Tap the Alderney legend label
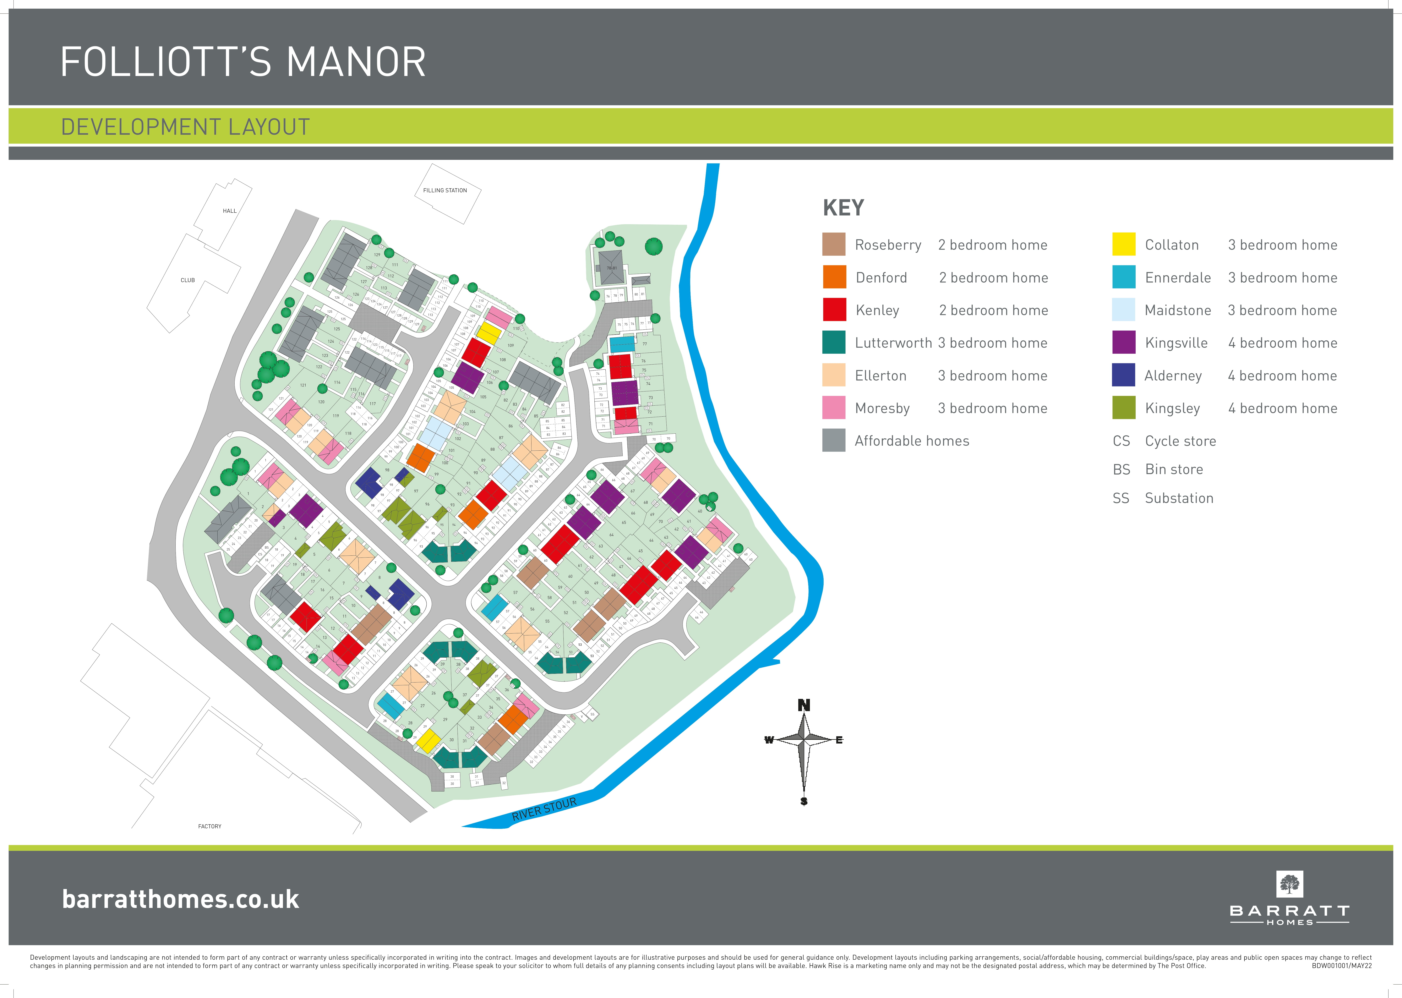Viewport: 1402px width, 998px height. click(1173, 375)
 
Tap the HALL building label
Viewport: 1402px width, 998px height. click(229, 211)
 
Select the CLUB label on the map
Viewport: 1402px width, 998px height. click(187, 280)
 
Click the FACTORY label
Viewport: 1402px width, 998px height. click(210, 827)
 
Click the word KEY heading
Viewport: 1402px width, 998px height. click(843, 208)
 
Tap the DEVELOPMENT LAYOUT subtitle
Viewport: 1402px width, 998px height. click(185, 127)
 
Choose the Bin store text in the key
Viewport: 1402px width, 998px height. click(1173, 470)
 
